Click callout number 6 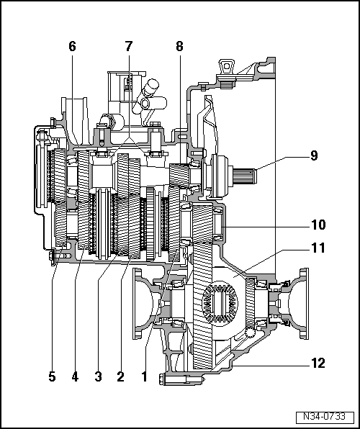tap(72, 47)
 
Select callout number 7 tap(129, 47)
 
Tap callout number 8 tap(179, 47)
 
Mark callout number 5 tap(52, 376)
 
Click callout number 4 tap(75, 376)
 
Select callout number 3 tap(97, 376)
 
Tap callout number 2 tap(120, 376)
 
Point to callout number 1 tap(145, 376)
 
